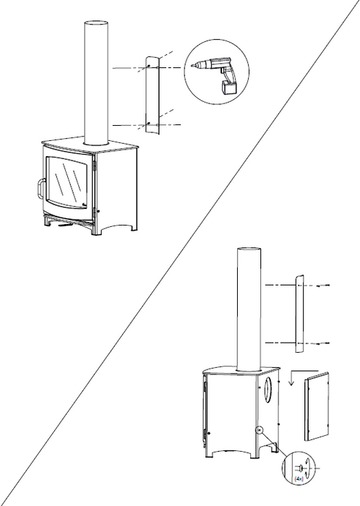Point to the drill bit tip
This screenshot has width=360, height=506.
191,67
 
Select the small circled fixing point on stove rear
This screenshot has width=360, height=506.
258,431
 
